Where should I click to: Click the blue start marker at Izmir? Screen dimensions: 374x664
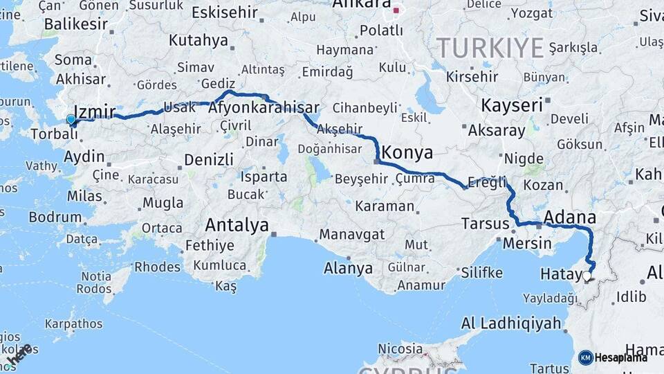click(71, 119)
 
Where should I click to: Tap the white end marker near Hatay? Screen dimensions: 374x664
click(587, 276)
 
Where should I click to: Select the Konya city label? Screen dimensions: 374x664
click(407, 152)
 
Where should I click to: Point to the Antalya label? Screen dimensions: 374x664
click(237, 225)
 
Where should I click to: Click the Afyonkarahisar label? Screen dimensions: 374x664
click(264, 108)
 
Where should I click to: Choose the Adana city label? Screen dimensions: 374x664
click(569, 217)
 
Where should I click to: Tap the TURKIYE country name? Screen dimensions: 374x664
click(490, 48)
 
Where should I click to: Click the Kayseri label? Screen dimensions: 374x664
click(511, 105)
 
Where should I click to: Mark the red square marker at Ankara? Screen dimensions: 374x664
click(396, 10)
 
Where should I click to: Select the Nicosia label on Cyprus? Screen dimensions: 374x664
click(400, 348)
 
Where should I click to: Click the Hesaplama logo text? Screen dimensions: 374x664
click(620, 357)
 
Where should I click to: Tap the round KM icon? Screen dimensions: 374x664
click(585, 357)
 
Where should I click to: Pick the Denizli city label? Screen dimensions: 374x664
click(209, 160)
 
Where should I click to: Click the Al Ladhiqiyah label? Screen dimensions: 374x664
click(511, 323)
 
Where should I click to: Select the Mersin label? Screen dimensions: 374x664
click(527, 243)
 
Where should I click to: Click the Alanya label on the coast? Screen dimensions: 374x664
click(349, 269)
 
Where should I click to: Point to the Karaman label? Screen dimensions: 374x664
click(385, 206)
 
